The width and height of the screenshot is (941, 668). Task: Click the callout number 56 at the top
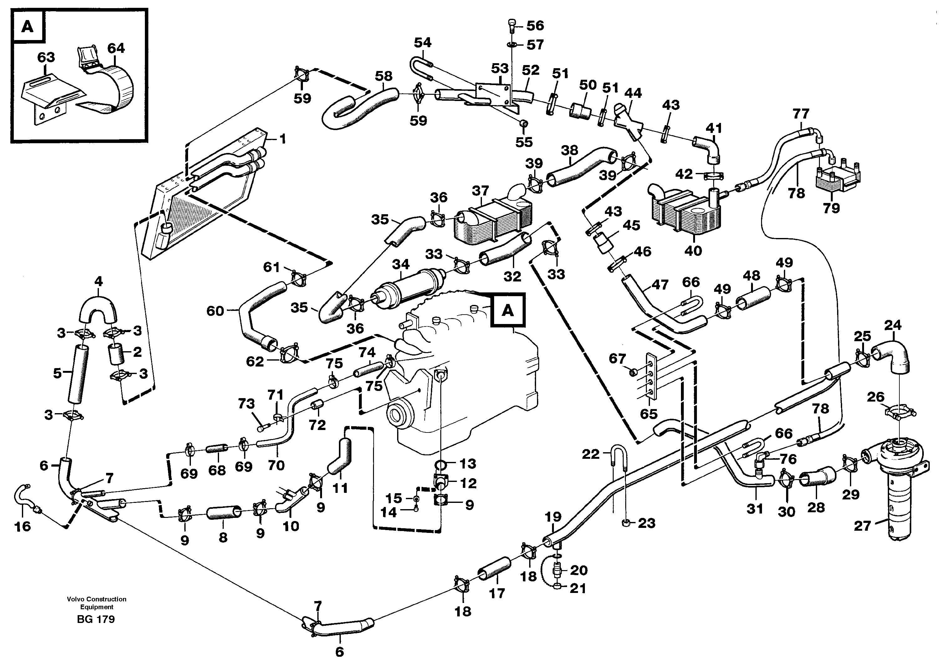pyautogui.click(x=535, y=26)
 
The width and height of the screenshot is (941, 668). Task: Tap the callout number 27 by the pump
pyautogui.click(x=862, y=526)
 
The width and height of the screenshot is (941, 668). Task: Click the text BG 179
pyautogui.click(x=96, y=619)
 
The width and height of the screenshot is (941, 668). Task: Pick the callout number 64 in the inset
pyautogui.click(x=116, y=48)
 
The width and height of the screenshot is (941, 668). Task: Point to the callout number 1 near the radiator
pyautogui.click(x=282, y=139)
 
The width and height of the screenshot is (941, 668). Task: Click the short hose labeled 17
pyautogui.click(x=494, y=569)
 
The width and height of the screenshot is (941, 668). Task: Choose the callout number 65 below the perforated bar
pyautogui.click(x=649, y=414)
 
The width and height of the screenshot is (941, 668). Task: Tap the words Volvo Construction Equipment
pyautogui.click(x=97, y=603)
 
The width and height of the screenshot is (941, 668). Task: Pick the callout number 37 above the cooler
pyautogui.click(x=480, y=190)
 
